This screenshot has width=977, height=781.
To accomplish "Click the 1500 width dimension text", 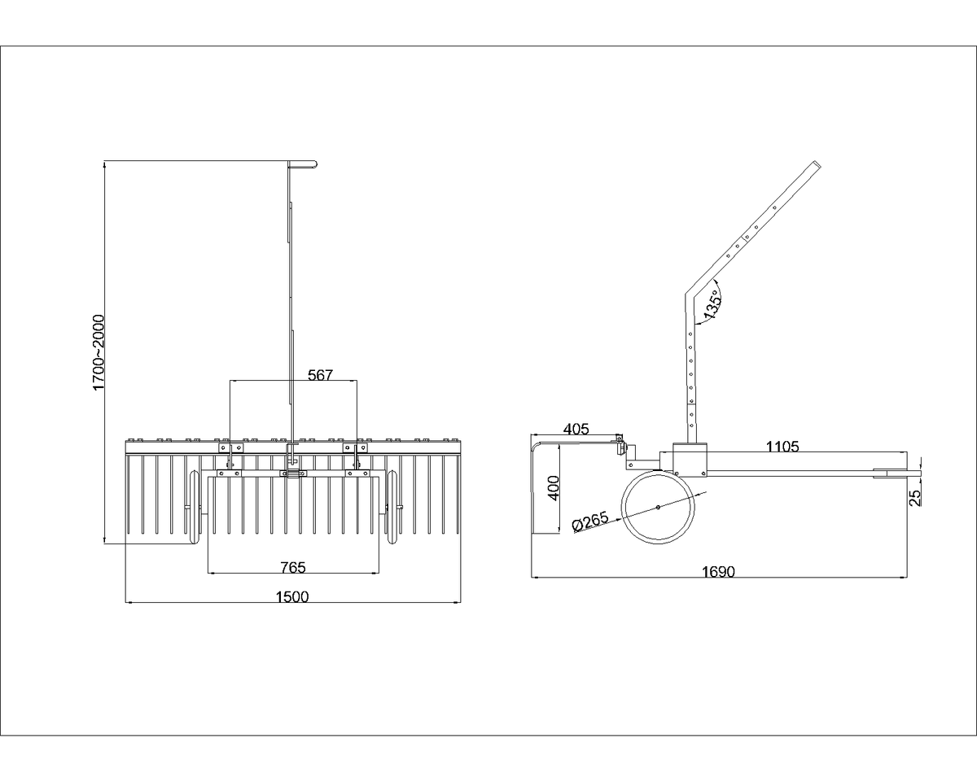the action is [x=292, y=596].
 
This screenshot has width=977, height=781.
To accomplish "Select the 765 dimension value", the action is [x=293, y=567].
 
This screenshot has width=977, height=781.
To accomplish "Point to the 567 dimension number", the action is [x=320, y=375].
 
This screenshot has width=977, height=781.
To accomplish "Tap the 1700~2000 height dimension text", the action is [x=99, y=352].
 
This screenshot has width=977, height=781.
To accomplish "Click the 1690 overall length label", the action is [x=718, y=572].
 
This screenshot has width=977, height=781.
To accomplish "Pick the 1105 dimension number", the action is [x=782, y=447].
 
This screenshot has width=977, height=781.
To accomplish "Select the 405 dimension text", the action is [x=576, y=429].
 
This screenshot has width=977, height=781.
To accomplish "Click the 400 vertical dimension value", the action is [x=554, y=488].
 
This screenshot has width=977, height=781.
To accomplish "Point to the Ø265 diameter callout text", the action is [x=590, y=521].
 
